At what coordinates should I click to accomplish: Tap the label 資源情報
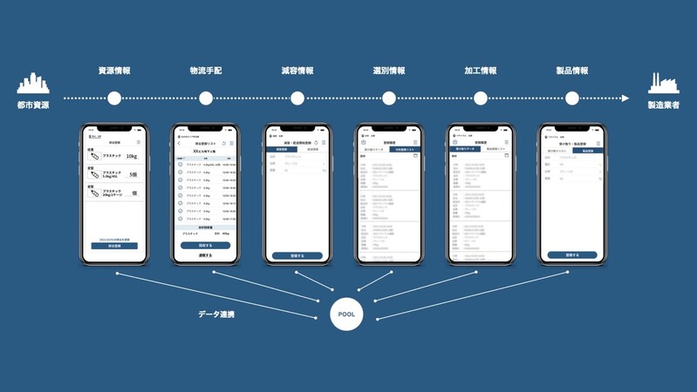pyautogui.click(x=114, y=71)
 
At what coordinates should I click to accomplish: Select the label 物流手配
pyautogui.click(x=206, y=71)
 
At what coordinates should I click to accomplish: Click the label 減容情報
pyautogui.click(x=297, y=71)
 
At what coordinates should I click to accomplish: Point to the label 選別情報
pyautogui.click(x=389, y=71)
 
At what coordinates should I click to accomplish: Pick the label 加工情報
pyautogui.click(x=481, y=71)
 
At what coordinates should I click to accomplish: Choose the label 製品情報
pyautogui.click(x=572, y=71)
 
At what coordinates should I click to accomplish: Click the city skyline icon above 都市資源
pyautogui.click(x=33, y=84)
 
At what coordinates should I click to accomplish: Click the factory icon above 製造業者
pyautogui.click(x=663, y=84)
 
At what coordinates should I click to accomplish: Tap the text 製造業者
pyautogui.click(x=663, y=105)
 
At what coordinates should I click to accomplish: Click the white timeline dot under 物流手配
pyautogui.click(x=206, y=98)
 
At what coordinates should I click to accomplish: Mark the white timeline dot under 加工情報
pyautogui.click(x=481, y=98)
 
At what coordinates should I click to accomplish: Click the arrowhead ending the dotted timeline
pyautogui.click(x=625, y=98)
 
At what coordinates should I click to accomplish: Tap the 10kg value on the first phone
pyautogui.click(x=131, y=157)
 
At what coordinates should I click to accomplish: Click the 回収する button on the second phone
pyautogui.click(x=206, y=245)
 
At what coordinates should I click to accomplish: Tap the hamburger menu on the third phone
pyautogui.click(x=324, y=142)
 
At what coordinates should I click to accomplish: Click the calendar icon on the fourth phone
pyautogui.click(x=415, y=156)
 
